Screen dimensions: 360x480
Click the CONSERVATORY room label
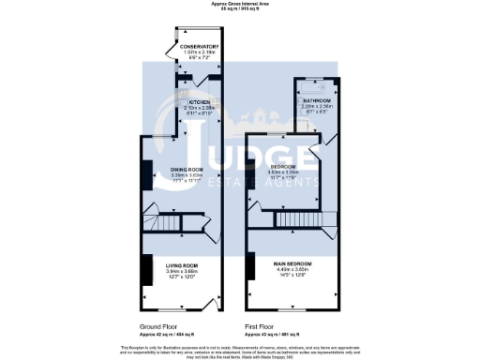(x=198, y=46)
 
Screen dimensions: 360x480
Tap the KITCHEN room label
(x=198, y=101)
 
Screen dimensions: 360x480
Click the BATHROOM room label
(x=317, y=99)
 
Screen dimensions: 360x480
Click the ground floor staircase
(x=170, y=225)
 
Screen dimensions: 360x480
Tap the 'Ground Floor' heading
(x=158, y=327)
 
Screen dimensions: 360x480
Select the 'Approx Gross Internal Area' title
(x=240, y=5)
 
